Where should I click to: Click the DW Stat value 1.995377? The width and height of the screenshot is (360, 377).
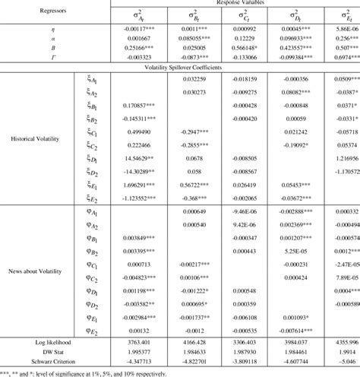[124, 353]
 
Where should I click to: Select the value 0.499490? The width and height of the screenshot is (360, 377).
[124, 131]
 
